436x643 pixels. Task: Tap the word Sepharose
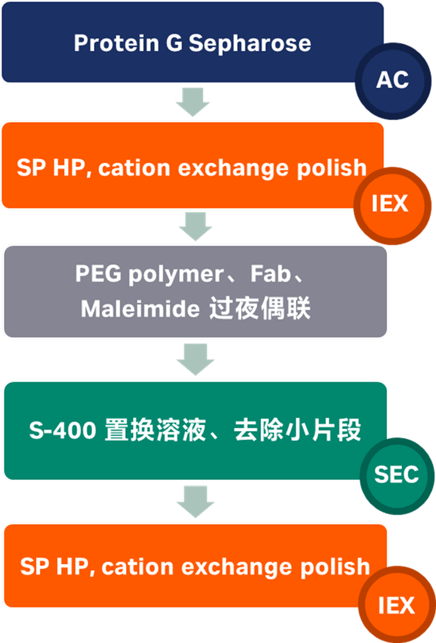[x=250, y=43]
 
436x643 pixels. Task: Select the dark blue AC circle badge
[x=392, y=80]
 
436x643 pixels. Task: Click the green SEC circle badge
[x=396, y=475]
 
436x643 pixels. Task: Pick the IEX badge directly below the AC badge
[x=391, y=204]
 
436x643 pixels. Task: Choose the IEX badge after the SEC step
[x=396, y=605]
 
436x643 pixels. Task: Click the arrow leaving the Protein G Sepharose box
[x=192, y=102]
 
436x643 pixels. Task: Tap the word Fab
[x=272, y=274]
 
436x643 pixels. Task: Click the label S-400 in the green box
[x=62, y=431]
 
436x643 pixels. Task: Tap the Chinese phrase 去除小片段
[x=297, y=431]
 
